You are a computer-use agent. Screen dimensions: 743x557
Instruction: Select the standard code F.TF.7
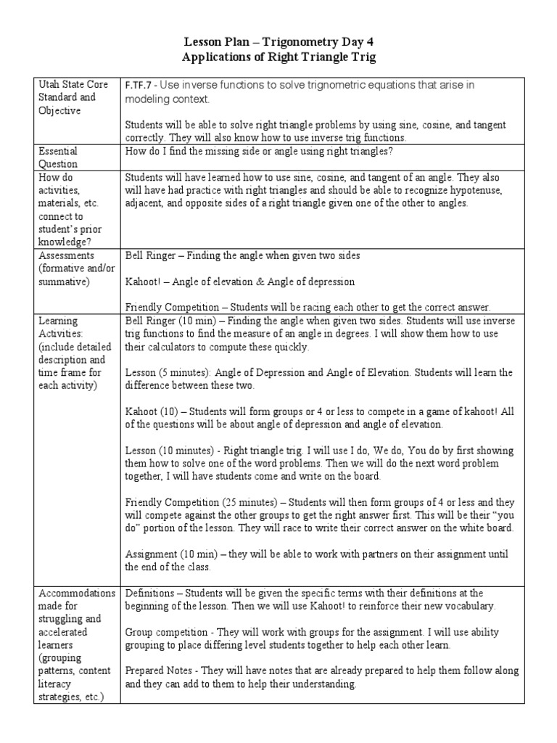[x=140, y=85]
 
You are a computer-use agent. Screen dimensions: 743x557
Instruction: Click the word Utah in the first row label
[x=49, y=84]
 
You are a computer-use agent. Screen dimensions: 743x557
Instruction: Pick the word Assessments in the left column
[x=67, y=255]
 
